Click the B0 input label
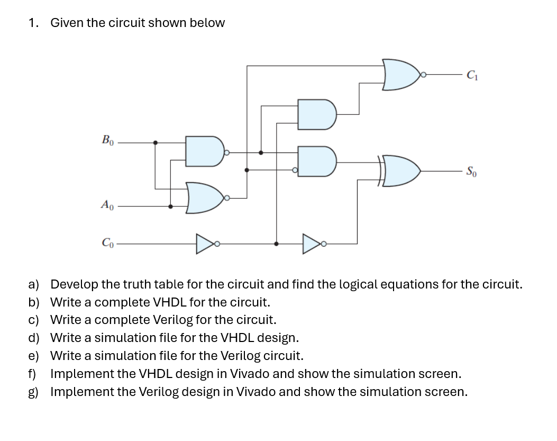point(107,141)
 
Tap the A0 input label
point(107,204)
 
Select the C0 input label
point(107,242)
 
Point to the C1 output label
point(472,75)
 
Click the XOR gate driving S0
point(399,171)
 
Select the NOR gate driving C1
point(401,75)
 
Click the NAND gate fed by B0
point(204,151)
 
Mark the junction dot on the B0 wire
point(155,142)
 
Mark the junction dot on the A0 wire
point(170,206)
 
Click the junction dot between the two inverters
point(276,244)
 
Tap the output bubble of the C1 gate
point(423,75)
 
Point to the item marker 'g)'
point(33,392)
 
